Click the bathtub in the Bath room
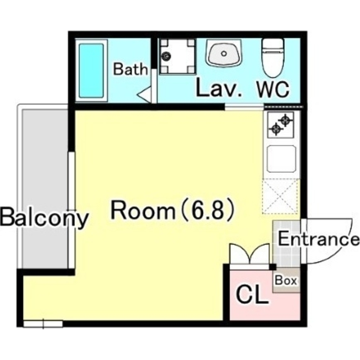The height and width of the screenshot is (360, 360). [x=91, y=70]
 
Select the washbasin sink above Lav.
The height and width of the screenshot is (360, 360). [x=224, y=53]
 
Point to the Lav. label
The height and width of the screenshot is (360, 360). [x=219, y=88]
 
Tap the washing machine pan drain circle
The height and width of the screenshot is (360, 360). [x=166, y=56]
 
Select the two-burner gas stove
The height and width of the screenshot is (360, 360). [x=281, y=125]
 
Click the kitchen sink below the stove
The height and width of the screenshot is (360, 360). [x=282, y=159]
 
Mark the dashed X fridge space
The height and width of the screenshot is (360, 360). [x=280, y=197]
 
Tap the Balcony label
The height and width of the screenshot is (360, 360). [x=44, y=217]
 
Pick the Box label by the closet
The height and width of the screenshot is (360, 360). [x=286, y=280]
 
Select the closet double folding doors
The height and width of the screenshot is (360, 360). [x=249, y=254]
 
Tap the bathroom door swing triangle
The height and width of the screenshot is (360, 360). [x=144, y=94]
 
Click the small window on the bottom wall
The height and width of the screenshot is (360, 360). [x=43, y=324]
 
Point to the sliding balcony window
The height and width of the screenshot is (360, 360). [x=72, y=210]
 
